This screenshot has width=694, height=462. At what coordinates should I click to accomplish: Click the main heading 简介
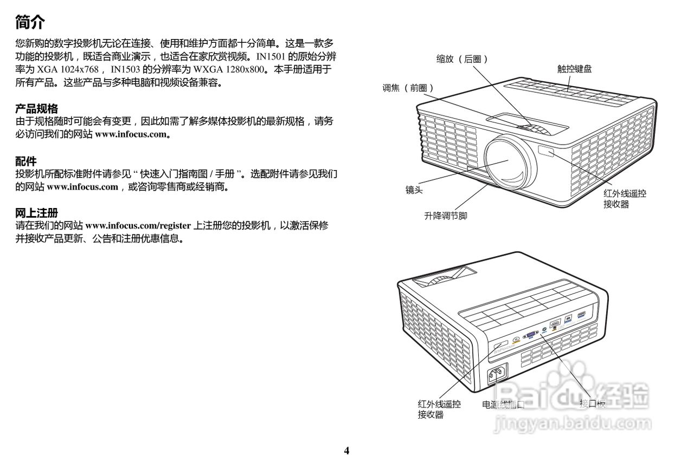30,23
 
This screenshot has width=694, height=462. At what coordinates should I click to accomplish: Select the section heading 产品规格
36,109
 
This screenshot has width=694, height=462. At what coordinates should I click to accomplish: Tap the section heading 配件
26,161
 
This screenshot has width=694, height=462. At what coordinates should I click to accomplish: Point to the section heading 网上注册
36,213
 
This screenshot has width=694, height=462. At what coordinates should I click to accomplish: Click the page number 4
346,451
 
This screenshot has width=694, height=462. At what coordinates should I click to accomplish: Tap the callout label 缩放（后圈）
462,59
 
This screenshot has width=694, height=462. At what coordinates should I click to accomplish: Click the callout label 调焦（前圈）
408,88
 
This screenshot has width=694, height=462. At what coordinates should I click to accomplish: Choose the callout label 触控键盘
574,69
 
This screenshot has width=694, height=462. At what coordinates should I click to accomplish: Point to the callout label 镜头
414,190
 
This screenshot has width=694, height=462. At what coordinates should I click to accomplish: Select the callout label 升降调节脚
445,216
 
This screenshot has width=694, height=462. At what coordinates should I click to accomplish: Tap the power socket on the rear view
498,374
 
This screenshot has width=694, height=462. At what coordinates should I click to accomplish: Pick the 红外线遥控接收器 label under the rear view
439,409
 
